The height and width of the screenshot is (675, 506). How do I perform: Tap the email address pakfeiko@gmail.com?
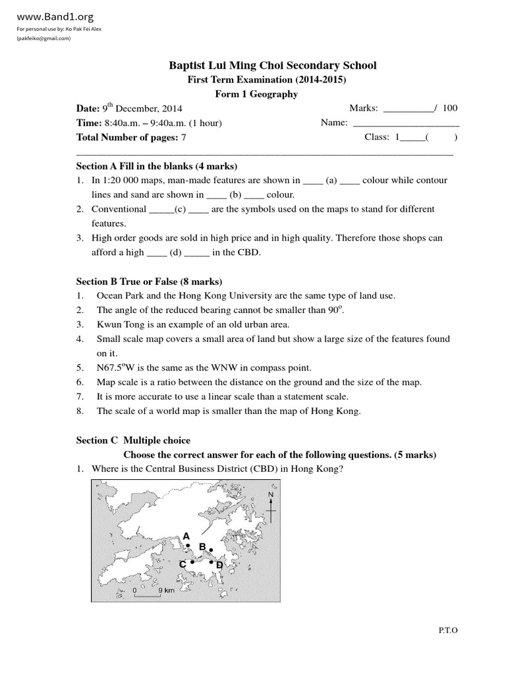pos(43,38)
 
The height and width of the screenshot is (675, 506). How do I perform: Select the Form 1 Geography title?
pos(256,94)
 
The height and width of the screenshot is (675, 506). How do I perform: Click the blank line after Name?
pos(406,123)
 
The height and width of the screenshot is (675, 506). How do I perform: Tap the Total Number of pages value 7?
pos(184,137)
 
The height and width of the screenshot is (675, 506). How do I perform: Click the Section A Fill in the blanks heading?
pos(157,166)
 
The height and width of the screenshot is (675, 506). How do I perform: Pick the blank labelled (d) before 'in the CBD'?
pos(175,252)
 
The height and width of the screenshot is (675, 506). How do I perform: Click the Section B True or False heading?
pos(150,281)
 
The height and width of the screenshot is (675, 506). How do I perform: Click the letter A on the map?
pos(186,537)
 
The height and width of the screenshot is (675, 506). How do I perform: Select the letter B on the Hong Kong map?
pos(202,546)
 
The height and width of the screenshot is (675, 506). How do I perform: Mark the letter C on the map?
pos(182,564)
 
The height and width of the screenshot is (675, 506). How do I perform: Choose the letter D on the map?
pos(219,566)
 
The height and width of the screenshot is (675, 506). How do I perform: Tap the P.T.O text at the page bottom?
pos(447,630)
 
